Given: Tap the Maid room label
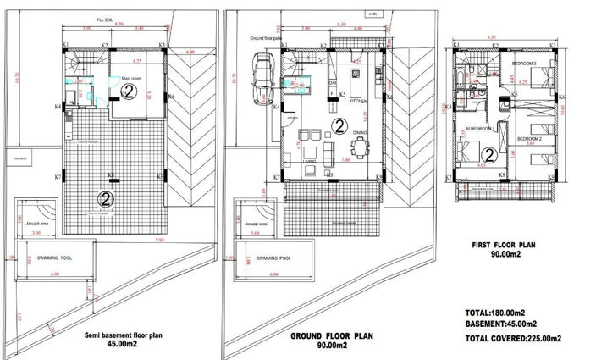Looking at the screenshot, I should [130, 78].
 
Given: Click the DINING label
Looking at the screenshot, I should [360, 133].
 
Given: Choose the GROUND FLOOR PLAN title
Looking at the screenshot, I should [332, 336].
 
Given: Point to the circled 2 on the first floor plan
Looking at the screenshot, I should [489, 155].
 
